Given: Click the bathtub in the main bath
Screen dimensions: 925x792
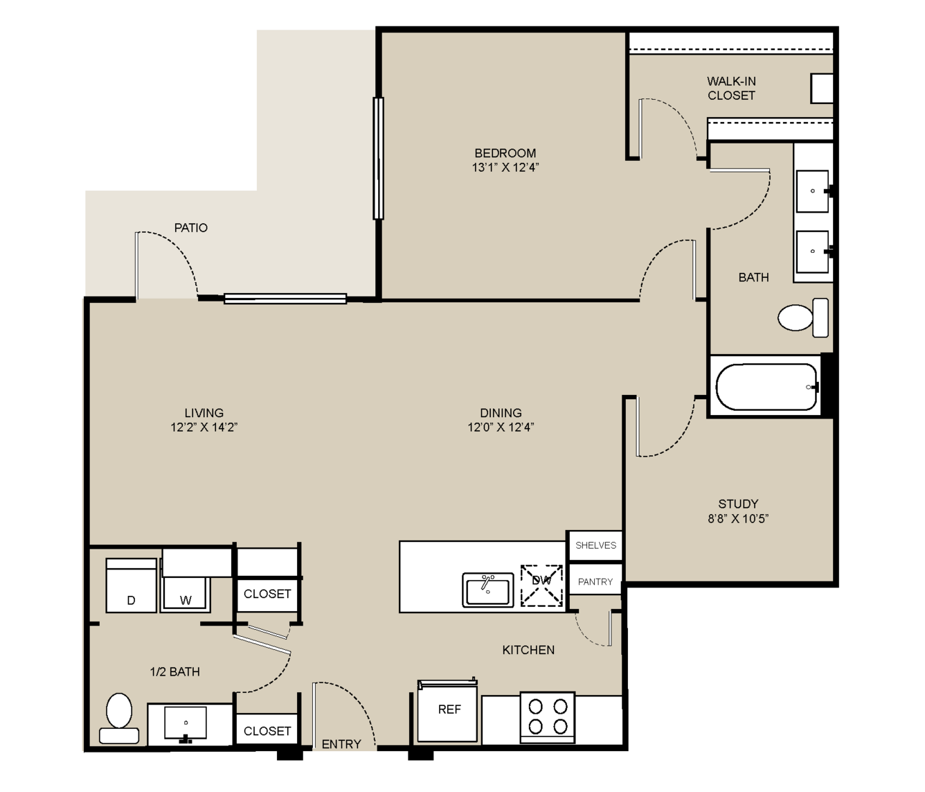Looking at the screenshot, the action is click(x=766, y=386).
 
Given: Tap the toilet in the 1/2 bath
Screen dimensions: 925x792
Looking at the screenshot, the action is click(x=119, y=718).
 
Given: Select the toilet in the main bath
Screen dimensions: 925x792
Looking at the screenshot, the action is click(x=803, y=317).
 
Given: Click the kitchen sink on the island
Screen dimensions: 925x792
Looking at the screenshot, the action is click(x=488, y=590).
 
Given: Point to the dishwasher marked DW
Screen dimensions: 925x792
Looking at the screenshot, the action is click(x=541, y=586).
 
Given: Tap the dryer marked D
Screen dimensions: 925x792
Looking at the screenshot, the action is click(x=131, y=586).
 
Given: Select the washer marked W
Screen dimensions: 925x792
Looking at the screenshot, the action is click(x=186, y=594).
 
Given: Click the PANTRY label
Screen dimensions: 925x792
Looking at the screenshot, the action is click(x=595, y=581).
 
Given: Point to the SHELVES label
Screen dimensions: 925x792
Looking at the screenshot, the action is click(x=595, y=545).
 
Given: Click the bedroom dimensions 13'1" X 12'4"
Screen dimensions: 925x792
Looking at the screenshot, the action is click(x=505, y=168).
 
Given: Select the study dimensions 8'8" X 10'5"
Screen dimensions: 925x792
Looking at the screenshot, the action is click(x=738, y=519).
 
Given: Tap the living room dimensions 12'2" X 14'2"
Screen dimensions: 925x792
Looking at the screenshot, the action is click(x=204, y=428).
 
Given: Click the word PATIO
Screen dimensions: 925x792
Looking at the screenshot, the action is click(x=190, y=227).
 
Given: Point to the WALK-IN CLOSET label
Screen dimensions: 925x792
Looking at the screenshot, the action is click(x=731, y=88).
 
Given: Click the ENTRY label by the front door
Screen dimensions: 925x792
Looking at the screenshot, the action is click(x=341, y=744).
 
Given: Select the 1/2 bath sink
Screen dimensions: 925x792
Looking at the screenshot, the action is click(x=186, y=723).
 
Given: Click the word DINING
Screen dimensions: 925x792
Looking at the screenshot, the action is click(x=501, y=412).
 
